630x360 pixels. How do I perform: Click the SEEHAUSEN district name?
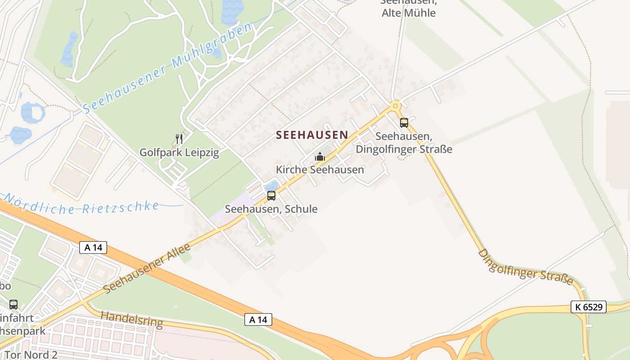click(312, 135)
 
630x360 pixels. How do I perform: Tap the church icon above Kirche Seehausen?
click(320, 157)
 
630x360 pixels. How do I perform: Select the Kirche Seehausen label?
click(319, 170)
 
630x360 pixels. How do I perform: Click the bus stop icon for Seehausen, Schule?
click(271, 196)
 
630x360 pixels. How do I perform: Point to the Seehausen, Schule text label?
click(271, 209)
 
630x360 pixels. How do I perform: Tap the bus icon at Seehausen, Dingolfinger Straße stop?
click(404, 122)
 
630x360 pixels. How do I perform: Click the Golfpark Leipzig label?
click(179, 153)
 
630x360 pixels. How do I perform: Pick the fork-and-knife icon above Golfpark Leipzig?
click(179, 139)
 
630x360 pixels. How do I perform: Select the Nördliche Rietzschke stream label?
click(81, 204)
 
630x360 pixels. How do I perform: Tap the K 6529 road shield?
click(588, 307)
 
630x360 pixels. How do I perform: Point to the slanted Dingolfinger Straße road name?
click(525, 267)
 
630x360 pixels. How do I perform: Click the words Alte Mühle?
click(409, 13)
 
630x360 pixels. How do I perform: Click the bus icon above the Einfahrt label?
click(13, 305)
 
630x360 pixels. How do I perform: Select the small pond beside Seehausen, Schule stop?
click(272, 185)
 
